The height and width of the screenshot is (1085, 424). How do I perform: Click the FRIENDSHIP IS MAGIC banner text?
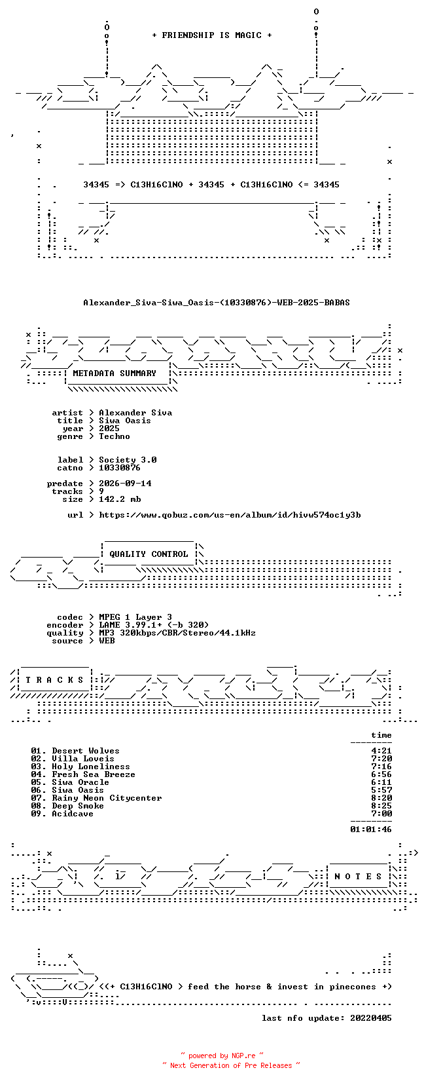(x=212, y=35)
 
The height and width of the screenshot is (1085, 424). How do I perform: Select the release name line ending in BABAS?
(x=217, y=303)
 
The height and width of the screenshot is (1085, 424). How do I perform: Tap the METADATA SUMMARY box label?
(x=115, y=373)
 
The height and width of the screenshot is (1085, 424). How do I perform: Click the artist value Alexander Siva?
(x=135, y=413)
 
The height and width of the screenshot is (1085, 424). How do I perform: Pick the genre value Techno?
(x=115, y=436)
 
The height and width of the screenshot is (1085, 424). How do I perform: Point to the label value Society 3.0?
(x=128, y=460)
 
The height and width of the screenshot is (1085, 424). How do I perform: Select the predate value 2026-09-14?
(x=125, y=484)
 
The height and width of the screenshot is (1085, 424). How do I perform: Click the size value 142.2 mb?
(x=120, y=499)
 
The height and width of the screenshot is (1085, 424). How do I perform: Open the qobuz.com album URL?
(x=230, y=515)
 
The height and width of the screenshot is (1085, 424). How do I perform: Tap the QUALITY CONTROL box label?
(x=149, y=554)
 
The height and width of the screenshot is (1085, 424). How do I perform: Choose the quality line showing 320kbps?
(x=177, y=633)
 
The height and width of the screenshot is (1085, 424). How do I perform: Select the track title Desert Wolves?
(x=86, y=751)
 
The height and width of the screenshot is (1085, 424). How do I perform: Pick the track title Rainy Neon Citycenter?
(x=107, y=798)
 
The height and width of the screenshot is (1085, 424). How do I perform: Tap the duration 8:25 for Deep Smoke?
(x=381, y=806)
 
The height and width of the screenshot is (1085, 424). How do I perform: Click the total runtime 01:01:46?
(x=371, y=829)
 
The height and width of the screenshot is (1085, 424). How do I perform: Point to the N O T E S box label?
(x=359, y=876)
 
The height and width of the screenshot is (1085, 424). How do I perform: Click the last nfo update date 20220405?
(x=371, y=1018)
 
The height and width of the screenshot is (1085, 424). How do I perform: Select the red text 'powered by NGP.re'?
(x=222, y=1056)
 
